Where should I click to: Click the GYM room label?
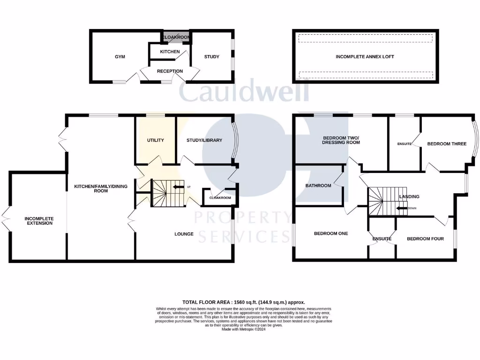coord(120,57)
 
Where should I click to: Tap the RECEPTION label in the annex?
coord(170,71)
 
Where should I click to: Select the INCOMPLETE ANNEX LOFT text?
coord(365,57)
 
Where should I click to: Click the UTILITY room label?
coord(155,140)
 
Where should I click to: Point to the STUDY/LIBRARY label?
coord(204,140)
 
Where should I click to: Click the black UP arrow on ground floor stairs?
coord(178,187)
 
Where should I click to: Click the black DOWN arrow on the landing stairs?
coord(401,208)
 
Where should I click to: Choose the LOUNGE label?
coord(184,233)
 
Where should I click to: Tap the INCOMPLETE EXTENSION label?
coord(39,220)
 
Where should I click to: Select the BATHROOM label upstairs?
coord(318,186)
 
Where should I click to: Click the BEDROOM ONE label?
coord(331,233)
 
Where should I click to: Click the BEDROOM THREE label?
coord(446,144)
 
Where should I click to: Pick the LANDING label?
coord(409,197)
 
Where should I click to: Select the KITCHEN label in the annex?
coord(170,52)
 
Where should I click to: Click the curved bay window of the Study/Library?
coord(235,140)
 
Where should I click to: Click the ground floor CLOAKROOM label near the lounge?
coord(220,198)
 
